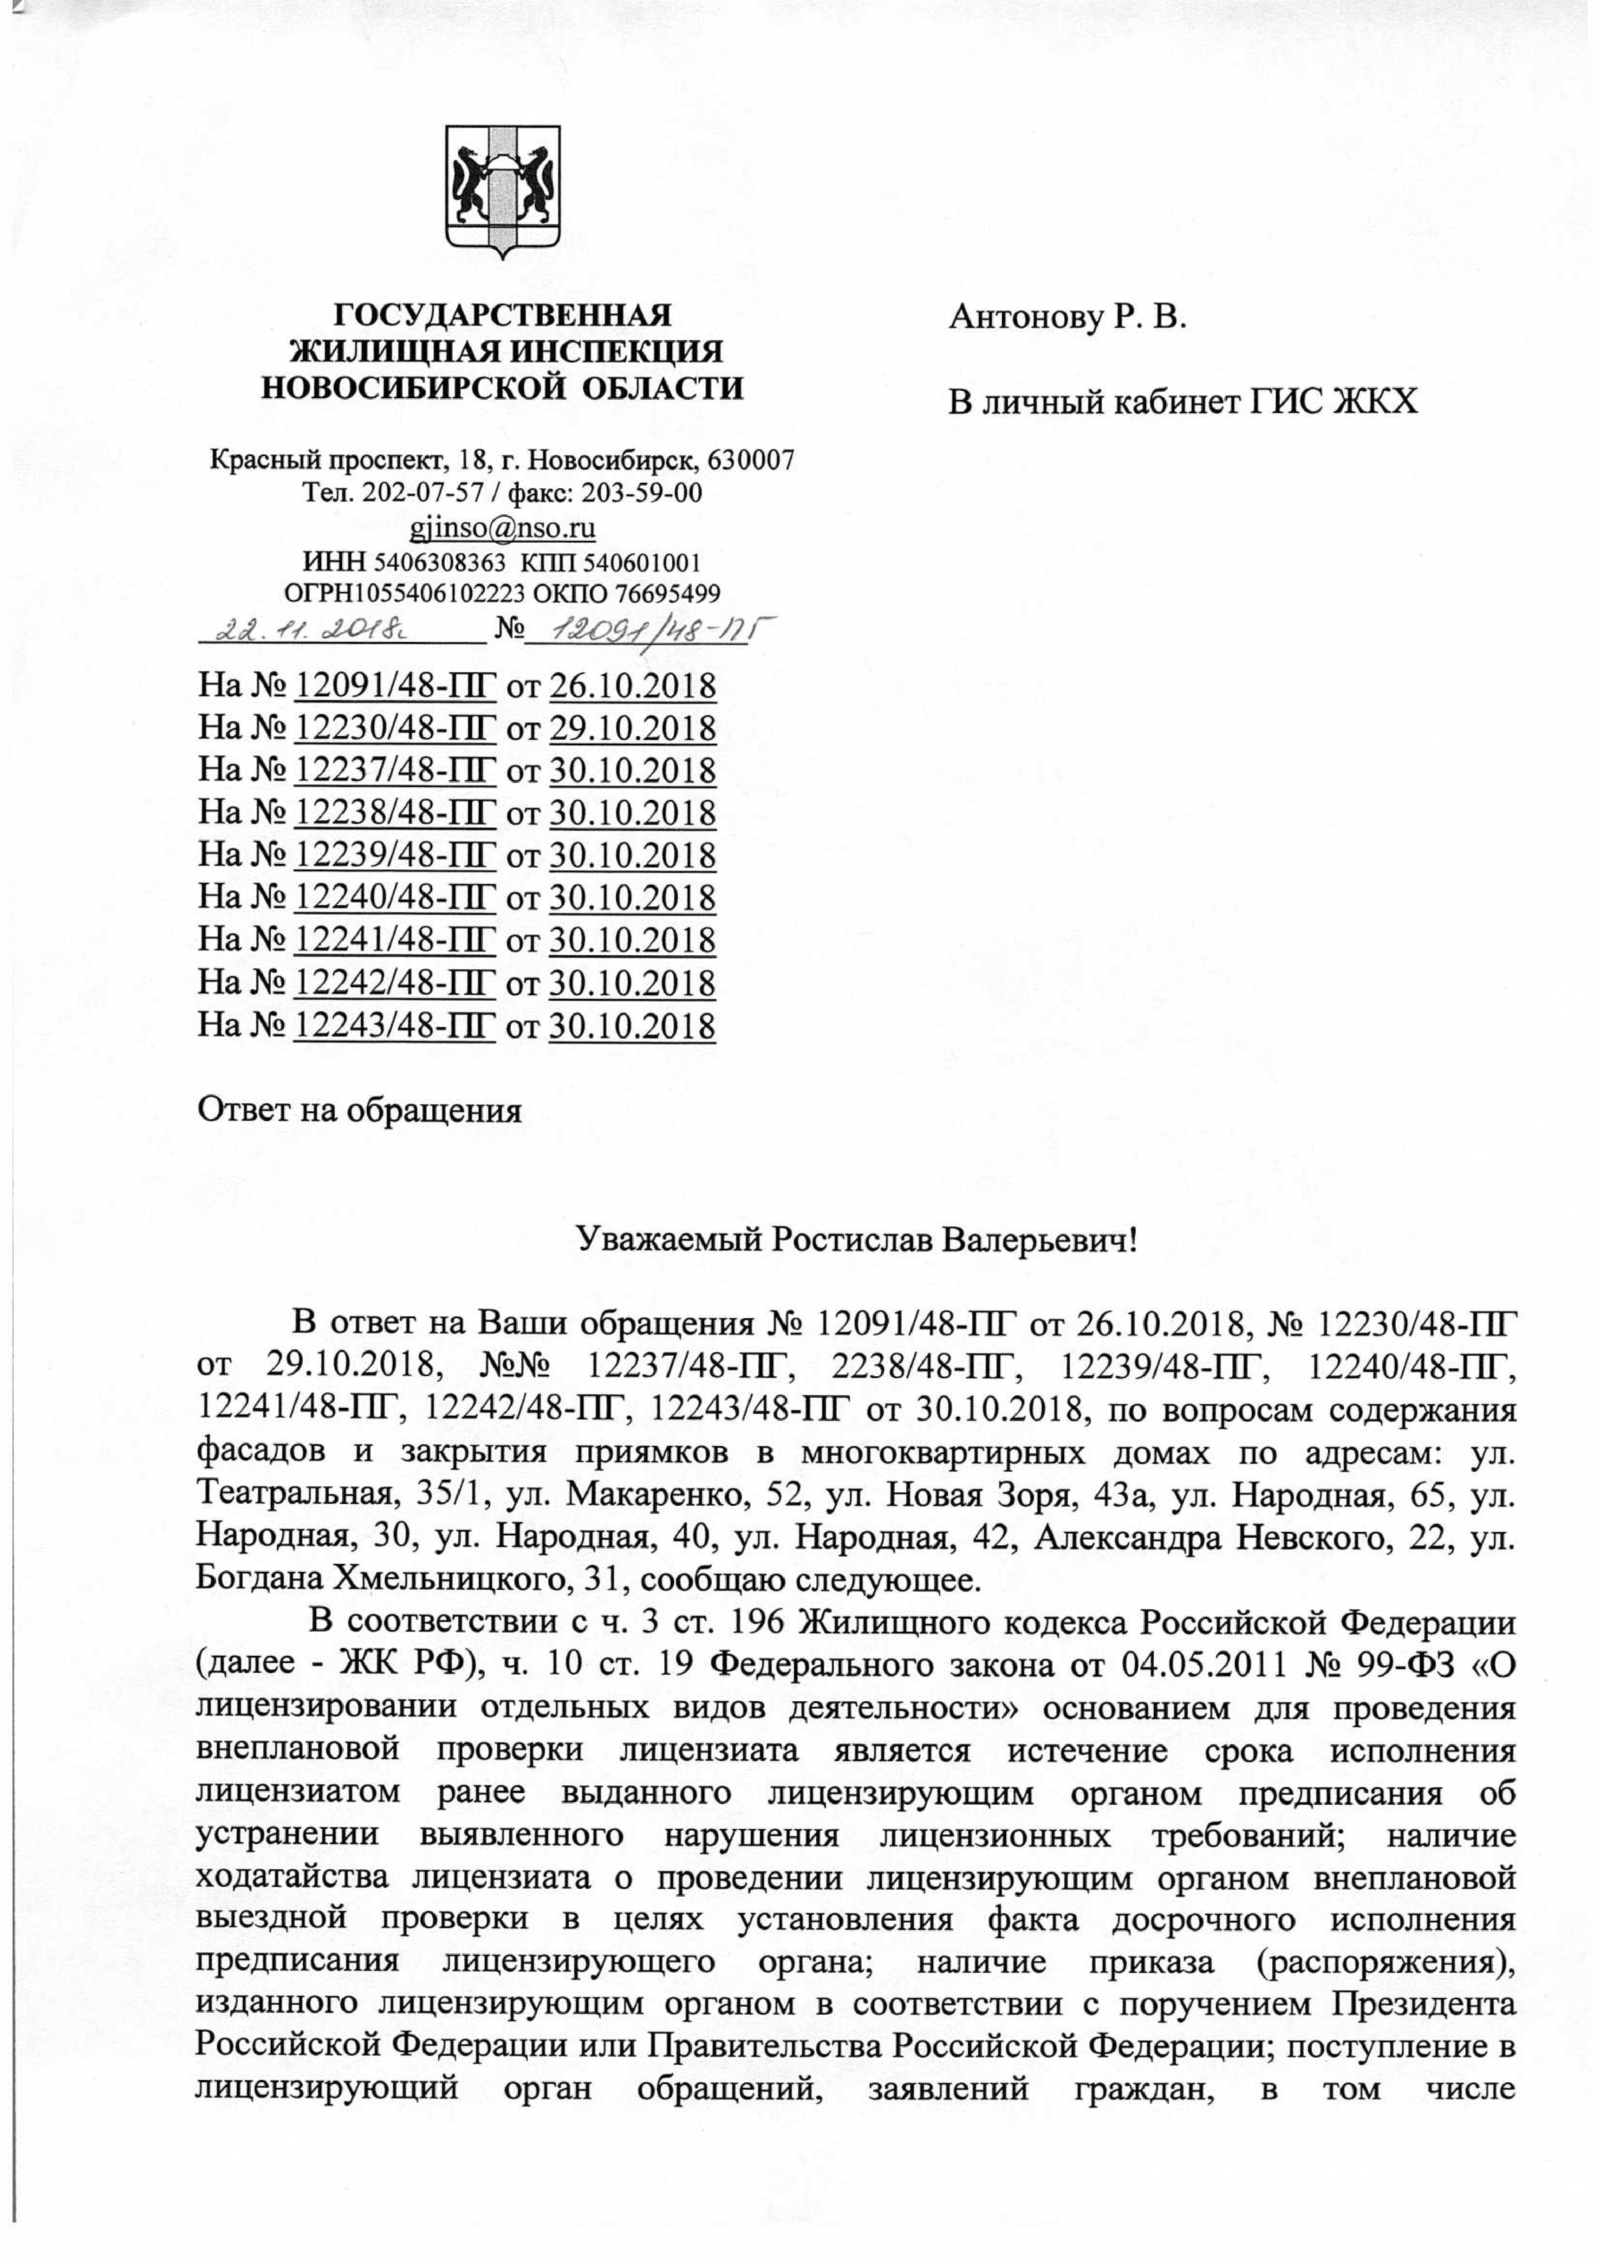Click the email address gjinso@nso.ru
[x=502, y=529]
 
